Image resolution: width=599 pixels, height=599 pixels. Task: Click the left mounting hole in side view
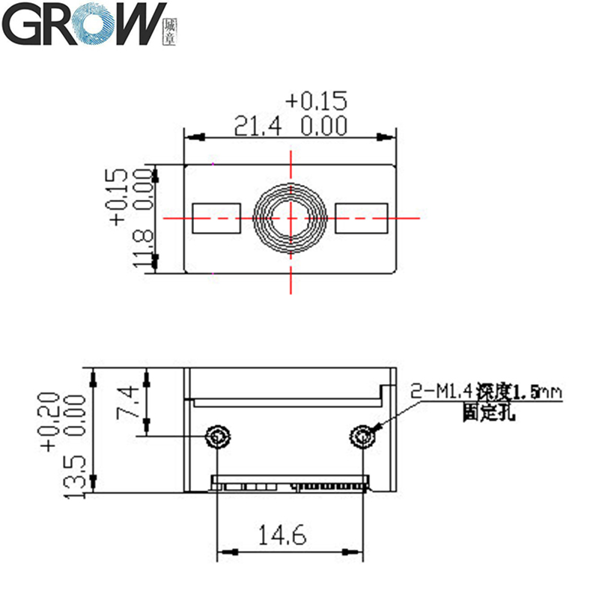tap(218, 435)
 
